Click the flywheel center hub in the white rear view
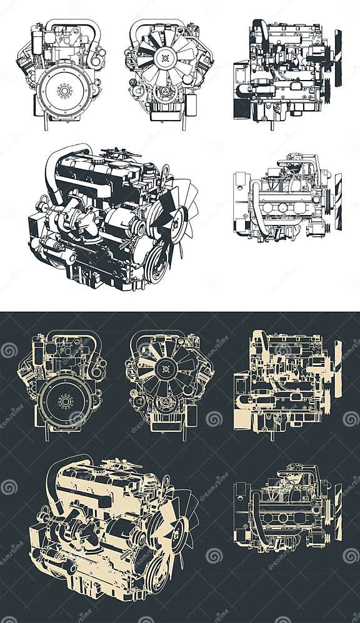64,91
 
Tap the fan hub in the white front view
166,60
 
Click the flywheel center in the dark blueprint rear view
65,401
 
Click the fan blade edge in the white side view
338,58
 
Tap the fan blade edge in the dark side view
338,369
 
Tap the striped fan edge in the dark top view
338,512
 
